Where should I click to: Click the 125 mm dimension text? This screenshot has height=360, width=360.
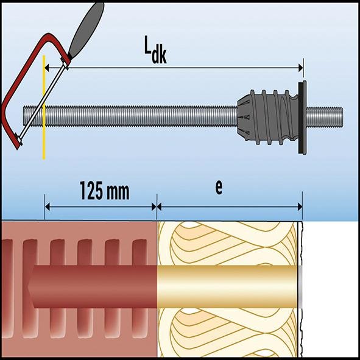click(105, 191)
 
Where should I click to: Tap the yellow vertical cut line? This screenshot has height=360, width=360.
click(44, 140)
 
